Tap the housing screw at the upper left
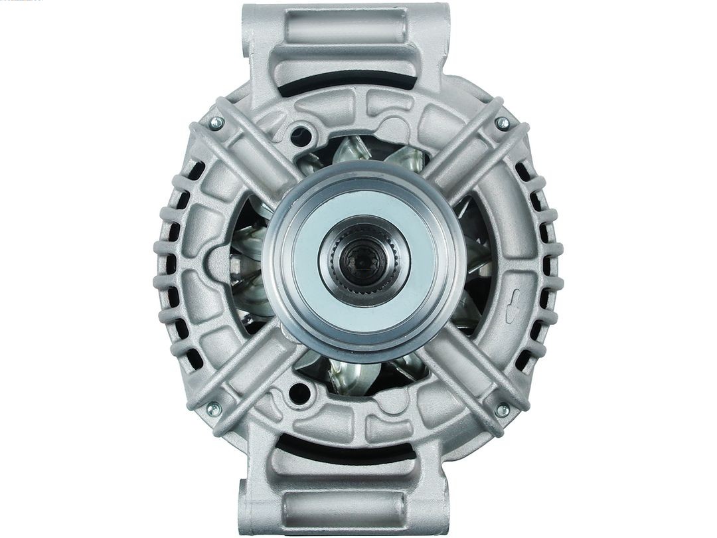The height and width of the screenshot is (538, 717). tap(216, 123)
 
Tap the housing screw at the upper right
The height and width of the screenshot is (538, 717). tap(503, 123)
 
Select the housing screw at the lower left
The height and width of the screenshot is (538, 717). tap(214, 410)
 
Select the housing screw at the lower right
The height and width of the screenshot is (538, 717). tap(503, 410)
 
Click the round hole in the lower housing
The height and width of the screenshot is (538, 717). tap(299, 393)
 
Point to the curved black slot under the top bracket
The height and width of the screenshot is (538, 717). tap(345, 85)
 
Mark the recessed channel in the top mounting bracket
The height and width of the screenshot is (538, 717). tap(345, 27)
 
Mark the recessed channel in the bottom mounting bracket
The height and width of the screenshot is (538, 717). tap(345, 508)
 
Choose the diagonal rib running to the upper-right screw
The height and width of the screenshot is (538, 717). tap(465, 153)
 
